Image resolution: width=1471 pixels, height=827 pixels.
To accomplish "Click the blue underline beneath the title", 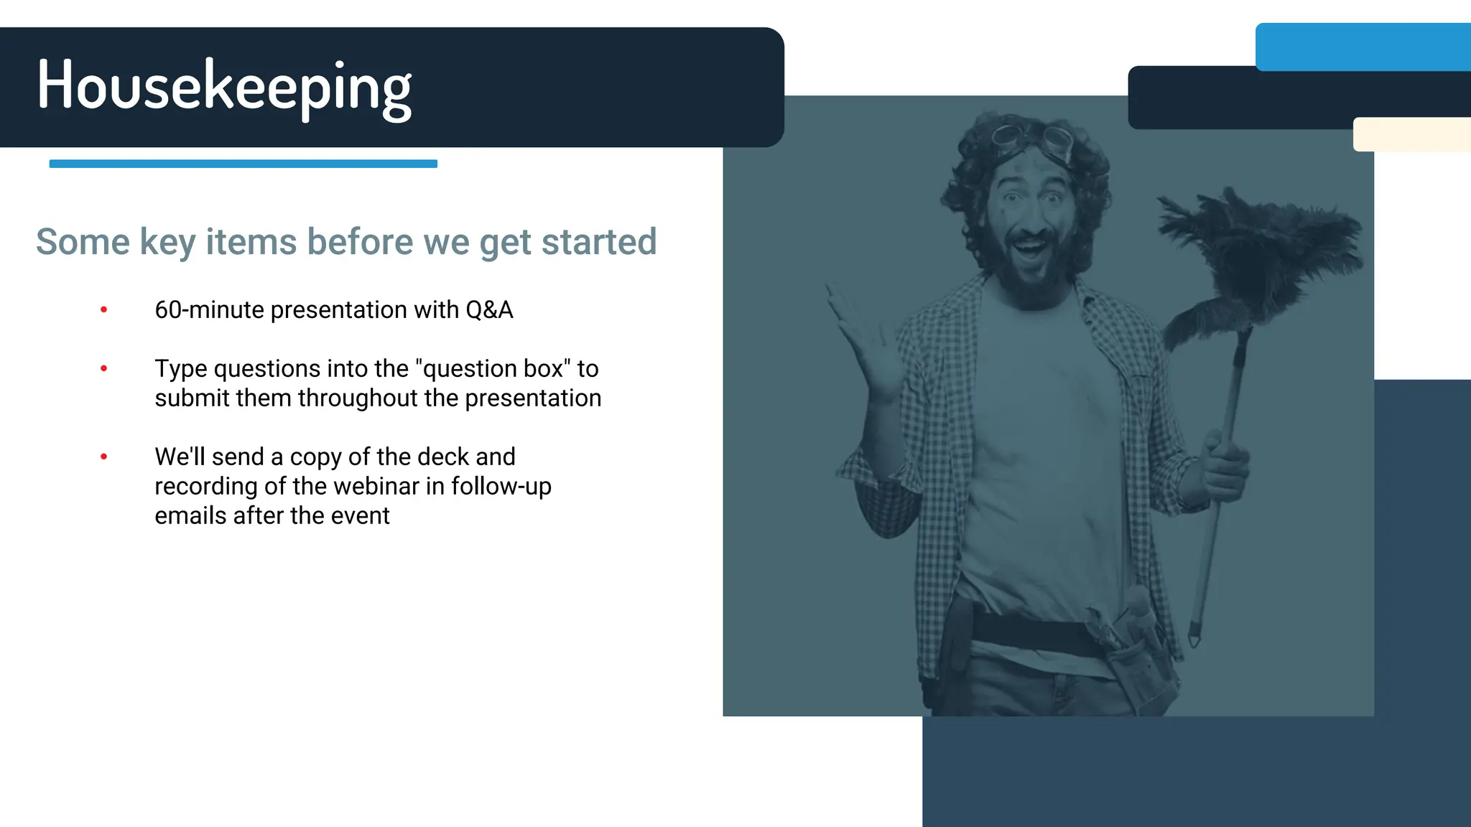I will coord(243,164).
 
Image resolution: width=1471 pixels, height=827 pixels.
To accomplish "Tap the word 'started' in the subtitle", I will coord(598,242).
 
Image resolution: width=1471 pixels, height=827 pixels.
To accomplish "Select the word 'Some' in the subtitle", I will coord(83,242).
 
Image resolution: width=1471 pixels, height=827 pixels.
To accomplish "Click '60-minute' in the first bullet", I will coord(209,310).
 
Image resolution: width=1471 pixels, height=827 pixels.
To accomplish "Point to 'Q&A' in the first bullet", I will coord(489,310).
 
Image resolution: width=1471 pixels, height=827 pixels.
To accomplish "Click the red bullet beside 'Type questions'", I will coord(104,369).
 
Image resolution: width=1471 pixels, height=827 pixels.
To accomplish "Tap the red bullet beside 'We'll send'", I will coord(104,457).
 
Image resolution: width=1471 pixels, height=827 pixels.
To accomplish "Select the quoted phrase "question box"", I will coord(493,369).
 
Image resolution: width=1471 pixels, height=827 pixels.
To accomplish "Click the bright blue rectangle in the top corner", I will coord(1363,47).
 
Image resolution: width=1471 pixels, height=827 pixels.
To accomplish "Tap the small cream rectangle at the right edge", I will coord(1411,134).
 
